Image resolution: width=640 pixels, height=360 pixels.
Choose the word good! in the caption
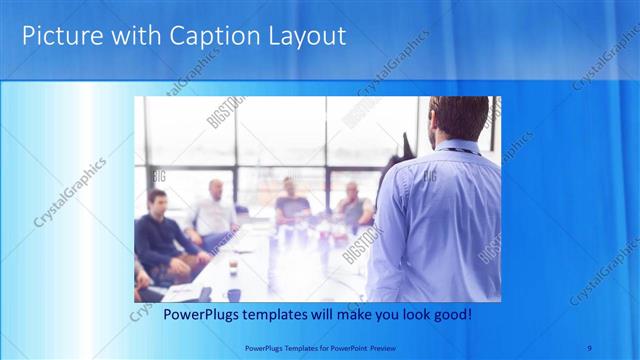point(450,315)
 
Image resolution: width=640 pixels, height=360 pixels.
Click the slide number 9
point(591,347)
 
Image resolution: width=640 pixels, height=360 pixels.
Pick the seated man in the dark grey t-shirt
point(291,205)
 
